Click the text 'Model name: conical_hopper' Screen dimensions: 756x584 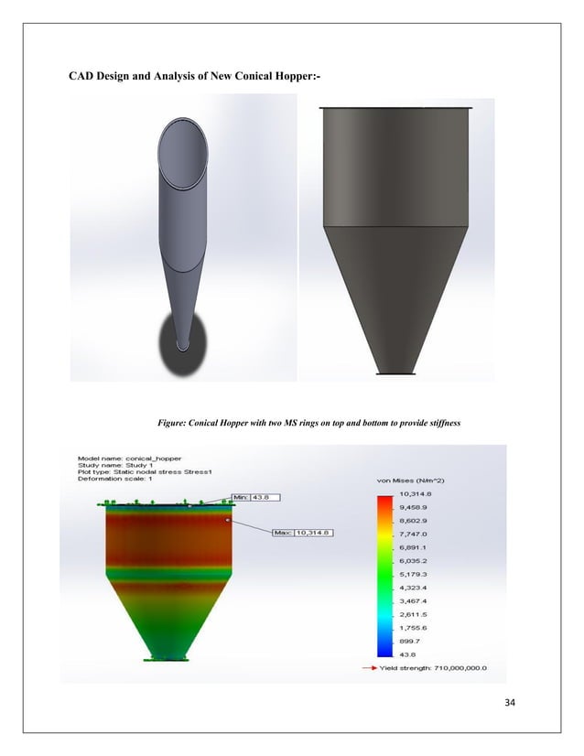click(130, 457)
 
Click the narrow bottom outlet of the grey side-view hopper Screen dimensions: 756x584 click(395, 371)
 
